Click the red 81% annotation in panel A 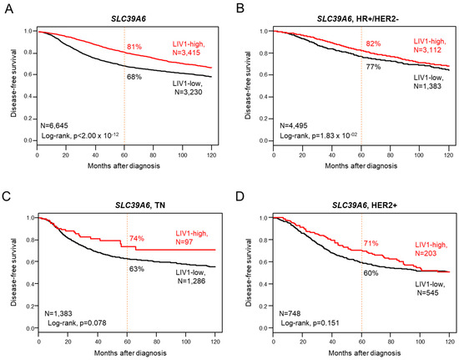[133, 47]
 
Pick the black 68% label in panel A [133, 79]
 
